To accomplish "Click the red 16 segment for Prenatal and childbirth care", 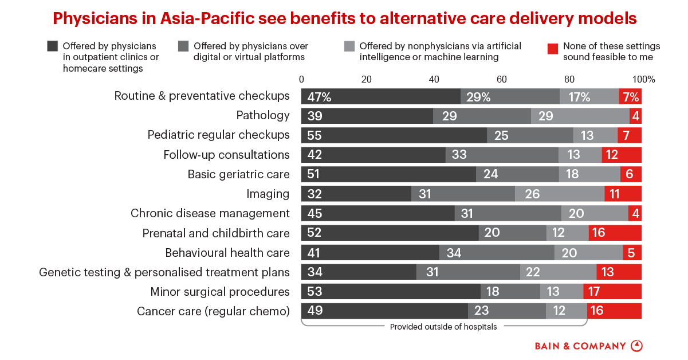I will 615,233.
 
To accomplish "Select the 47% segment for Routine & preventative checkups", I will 381,96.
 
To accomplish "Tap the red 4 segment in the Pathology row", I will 635,116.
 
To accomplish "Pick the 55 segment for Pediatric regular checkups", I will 394,135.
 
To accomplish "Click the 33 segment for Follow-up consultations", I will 502,155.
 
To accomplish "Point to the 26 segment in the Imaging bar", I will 560,194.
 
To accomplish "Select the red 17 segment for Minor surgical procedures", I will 612,291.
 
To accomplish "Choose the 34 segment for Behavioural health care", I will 497,252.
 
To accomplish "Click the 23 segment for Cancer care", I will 506,311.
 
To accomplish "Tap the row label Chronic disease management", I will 210,213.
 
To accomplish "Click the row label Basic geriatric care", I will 238,174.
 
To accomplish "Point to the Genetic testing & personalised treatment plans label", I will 164,272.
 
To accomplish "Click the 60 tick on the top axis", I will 502,79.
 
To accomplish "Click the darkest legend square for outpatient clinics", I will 53,46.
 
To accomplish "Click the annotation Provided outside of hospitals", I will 443,327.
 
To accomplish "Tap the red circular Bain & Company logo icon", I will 636,346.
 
